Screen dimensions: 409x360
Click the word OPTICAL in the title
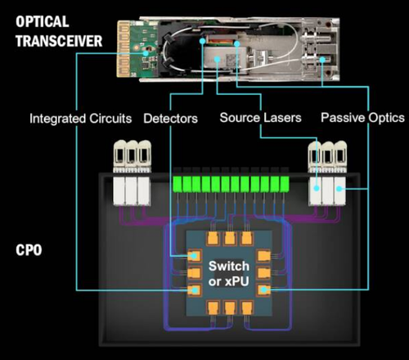42,21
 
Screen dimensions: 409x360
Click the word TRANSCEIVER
59,41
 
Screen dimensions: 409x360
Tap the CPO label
29,250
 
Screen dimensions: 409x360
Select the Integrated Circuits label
81,119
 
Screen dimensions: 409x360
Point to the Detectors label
170,119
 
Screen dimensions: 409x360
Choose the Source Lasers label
260,118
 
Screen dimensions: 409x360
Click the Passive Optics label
362,118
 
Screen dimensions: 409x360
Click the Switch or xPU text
229,273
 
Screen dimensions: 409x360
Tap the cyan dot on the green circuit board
146,53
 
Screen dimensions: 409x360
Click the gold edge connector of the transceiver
124,48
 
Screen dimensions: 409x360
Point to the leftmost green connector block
178,184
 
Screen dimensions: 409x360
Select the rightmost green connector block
285,184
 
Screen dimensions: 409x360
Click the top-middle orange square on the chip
230,239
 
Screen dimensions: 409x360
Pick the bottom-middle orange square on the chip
230,308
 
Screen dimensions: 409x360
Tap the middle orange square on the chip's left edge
195,272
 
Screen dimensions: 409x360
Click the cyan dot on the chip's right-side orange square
263,290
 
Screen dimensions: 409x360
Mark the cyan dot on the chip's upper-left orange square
194,256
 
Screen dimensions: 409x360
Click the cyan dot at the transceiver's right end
322,60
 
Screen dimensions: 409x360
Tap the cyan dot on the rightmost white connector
339,188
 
